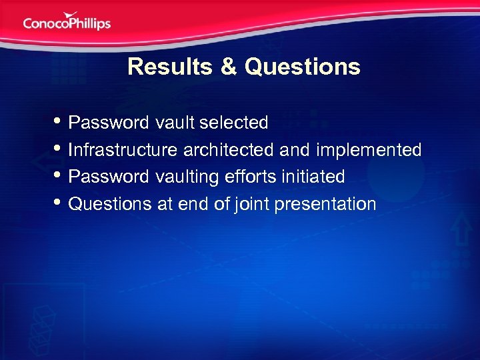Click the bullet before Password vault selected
tap(59, 122)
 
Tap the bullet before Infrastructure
tap(59, 149)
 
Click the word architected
tap(227, 150)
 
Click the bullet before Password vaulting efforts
tap(59, 177)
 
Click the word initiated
tap(312, 177)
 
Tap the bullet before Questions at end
tap(59, 203)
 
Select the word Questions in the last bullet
tap(111, 204)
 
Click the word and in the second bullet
tap(295, 150)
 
